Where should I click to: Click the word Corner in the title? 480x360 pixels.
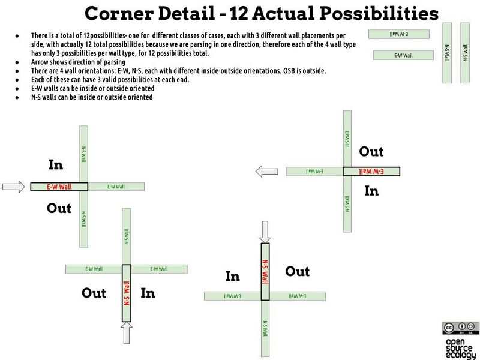click(118, 13)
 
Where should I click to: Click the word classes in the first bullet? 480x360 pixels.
click(184, 36)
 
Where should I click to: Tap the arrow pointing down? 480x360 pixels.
click(265, 232)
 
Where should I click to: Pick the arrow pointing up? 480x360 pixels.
click(126, 334)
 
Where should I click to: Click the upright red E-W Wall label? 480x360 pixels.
click(59, 187)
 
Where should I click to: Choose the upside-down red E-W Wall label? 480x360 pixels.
click(371, 172)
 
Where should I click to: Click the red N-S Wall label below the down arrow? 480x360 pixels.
click(265, 271)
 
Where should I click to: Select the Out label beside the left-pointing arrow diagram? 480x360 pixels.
click(371, 151)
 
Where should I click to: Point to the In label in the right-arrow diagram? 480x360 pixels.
click(55, 164)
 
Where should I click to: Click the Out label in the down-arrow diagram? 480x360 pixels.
click(297, 271)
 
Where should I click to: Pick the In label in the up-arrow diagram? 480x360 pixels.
click(148, 293)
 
